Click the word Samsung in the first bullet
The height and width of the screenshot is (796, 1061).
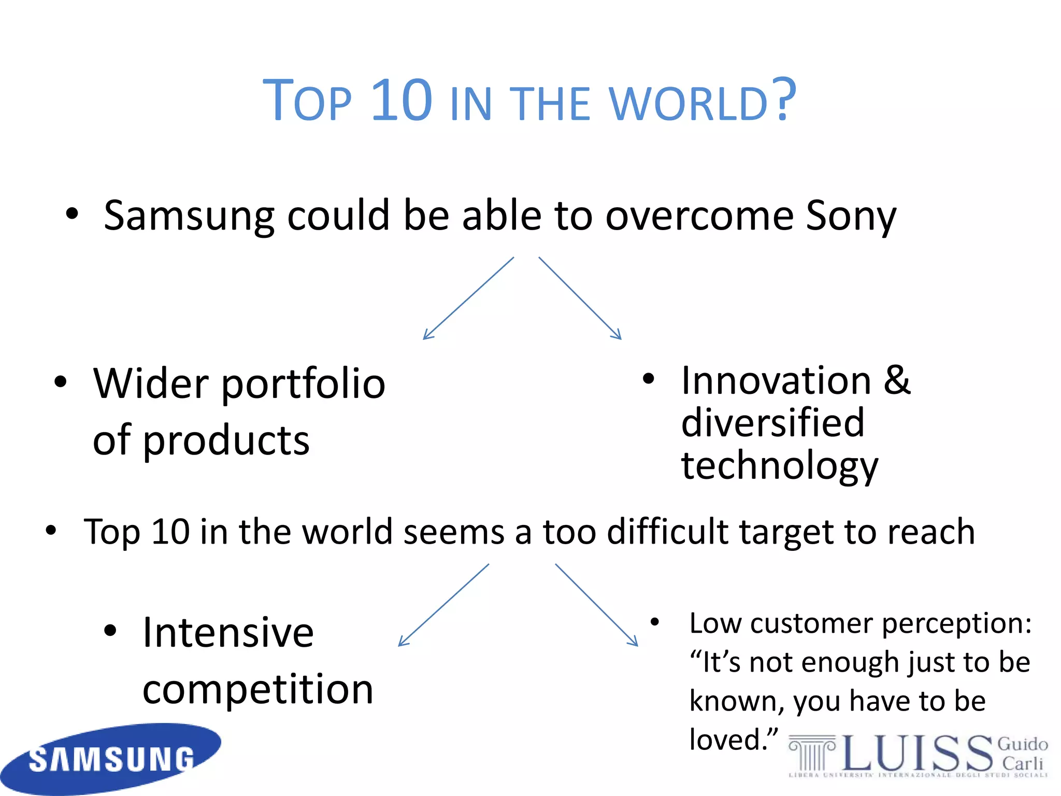189,216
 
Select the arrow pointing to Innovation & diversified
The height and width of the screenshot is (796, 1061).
580,298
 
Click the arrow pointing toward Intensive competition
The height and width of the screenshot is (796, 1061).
443,605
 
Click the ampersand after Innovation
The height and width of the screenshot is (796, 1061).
897,380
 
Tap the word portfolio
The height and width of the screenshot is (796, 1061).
304,385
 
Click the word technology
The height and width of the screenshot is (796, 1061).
780,465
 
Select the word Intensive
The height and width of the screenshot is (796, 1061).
228,633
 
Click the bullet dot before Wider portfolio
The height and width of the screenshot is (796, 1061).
61,382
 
